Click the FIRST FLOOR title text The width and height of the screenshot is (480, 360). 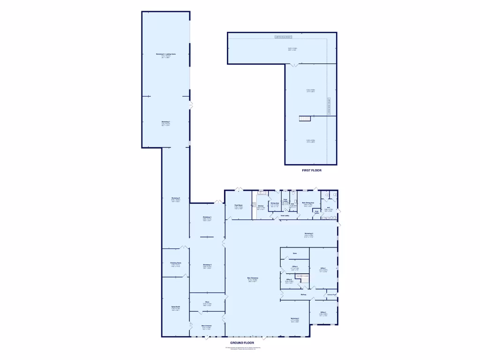[x=311, y=171]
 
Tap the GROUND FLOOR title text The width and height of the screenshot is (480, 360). [x=242, y=343]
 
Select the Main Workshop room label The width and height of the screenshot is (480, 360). [x=253, y=278]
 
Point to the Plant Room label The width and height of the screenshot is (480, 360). [x=239, y=205]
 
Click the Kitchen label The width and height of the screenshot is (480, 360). [x=261, y=205]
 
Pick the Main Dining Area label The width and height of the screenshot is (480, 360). [x=308, y=203]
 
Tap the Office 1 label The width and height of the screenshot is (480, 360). [x=322, y=269]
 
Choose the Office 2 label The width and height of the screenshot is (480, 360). [x=323, y=312]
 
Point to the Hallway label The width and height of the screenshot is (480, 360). [x=303, y=295]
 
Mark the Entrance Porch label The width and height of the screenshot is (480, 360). [x=332, y=295]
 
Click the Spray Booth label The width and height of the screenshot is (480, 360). [x=175, y=307]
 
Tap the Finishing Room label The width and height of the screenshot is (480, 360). [x=175, y=263]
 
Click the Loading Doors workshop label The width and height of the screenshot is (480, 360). [x=165, y=54]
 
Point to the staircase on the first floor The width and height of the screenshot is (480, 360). [x=305, y=119]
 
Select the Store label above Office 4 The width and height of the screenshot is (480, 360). [x=295, y=254]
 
